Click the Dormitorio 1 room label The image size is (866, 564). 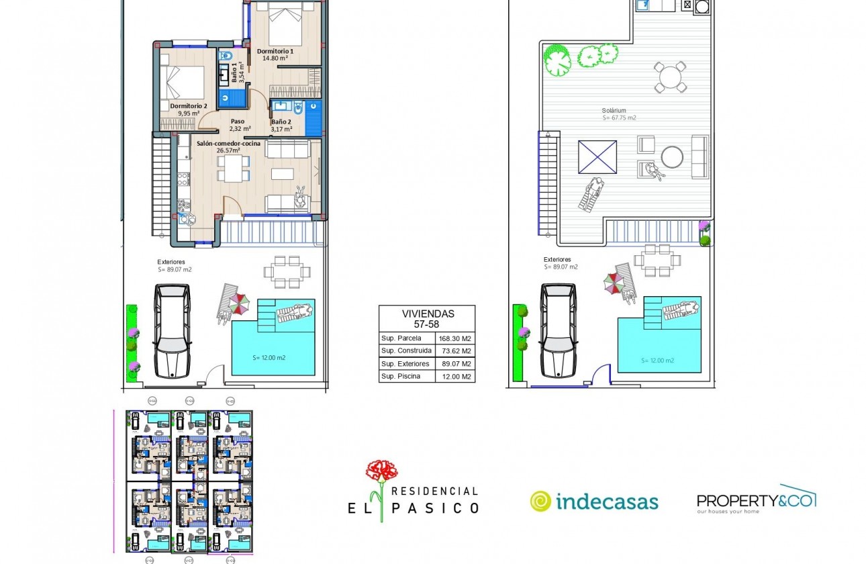(x=275, y=51)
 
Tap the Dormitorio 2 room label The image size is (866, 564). (x=188, y=106)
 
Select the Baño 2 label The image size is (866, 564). (x=281, y=122)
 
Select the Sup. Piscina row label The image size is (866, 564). (x=401, y=376)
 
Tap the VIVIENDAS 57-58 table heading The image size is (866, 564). (x=427, y=318)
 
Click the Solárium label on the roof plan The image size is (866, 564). (x=614, y=111)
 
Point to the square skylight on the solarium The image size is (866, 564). (x=597, y=157)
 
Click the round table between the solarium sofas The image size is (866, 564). (x=672, y=157)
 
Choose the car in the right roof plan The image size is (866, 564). (x=559, y=330)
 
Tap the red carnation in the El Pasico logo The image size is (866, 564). (x=381, y=471)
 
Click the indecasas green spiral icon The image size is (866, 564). (x=540, y=501)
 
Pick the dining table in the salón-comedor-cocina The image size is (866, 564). (x=233, y=168)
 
